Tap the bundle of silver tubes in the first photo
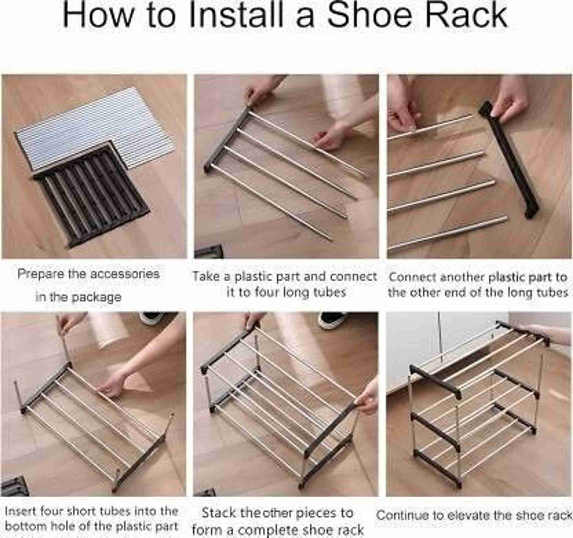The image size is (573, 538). (x=95, y=127)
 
